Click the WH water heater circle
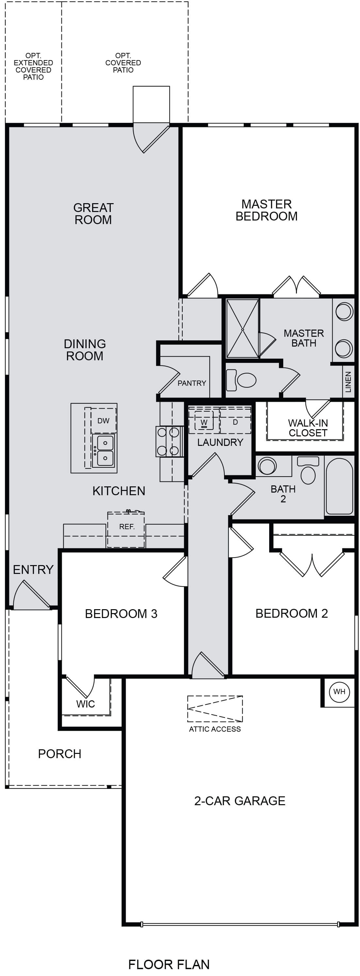339,691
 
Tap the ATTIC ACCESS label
215,729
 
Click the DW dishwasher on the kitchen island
103,421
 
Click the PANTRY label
192,383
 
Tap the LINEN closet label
348,382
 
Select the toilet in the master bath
241,380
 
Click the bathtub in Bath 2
339,486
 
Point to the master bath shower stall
242,329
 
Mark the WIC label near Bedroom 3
85,704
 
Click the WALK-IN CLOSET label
308,428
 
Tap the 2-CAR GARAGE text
239,801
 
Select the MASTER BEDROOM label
266,210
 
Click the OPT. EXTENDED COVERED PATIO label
33,66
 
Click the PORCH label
59,754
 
